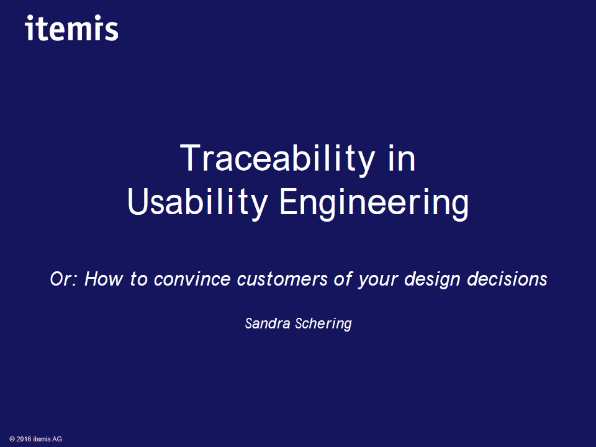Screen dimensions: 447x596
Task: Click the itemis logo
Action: point(72,28)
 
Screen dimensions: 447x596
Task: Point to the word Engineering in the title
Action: point(374,203)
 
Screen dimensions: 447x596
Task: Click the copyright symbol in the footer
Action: point(12,440)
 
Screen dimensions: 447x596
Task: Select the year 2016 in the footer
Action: point(24,440)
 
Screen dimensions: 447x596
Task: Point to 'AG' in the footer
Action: point(57,440)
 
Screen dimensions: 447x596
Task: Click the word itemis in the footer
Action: point(42,440)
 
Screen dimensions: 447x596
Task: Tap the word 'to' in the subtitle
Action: point(137,279)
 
